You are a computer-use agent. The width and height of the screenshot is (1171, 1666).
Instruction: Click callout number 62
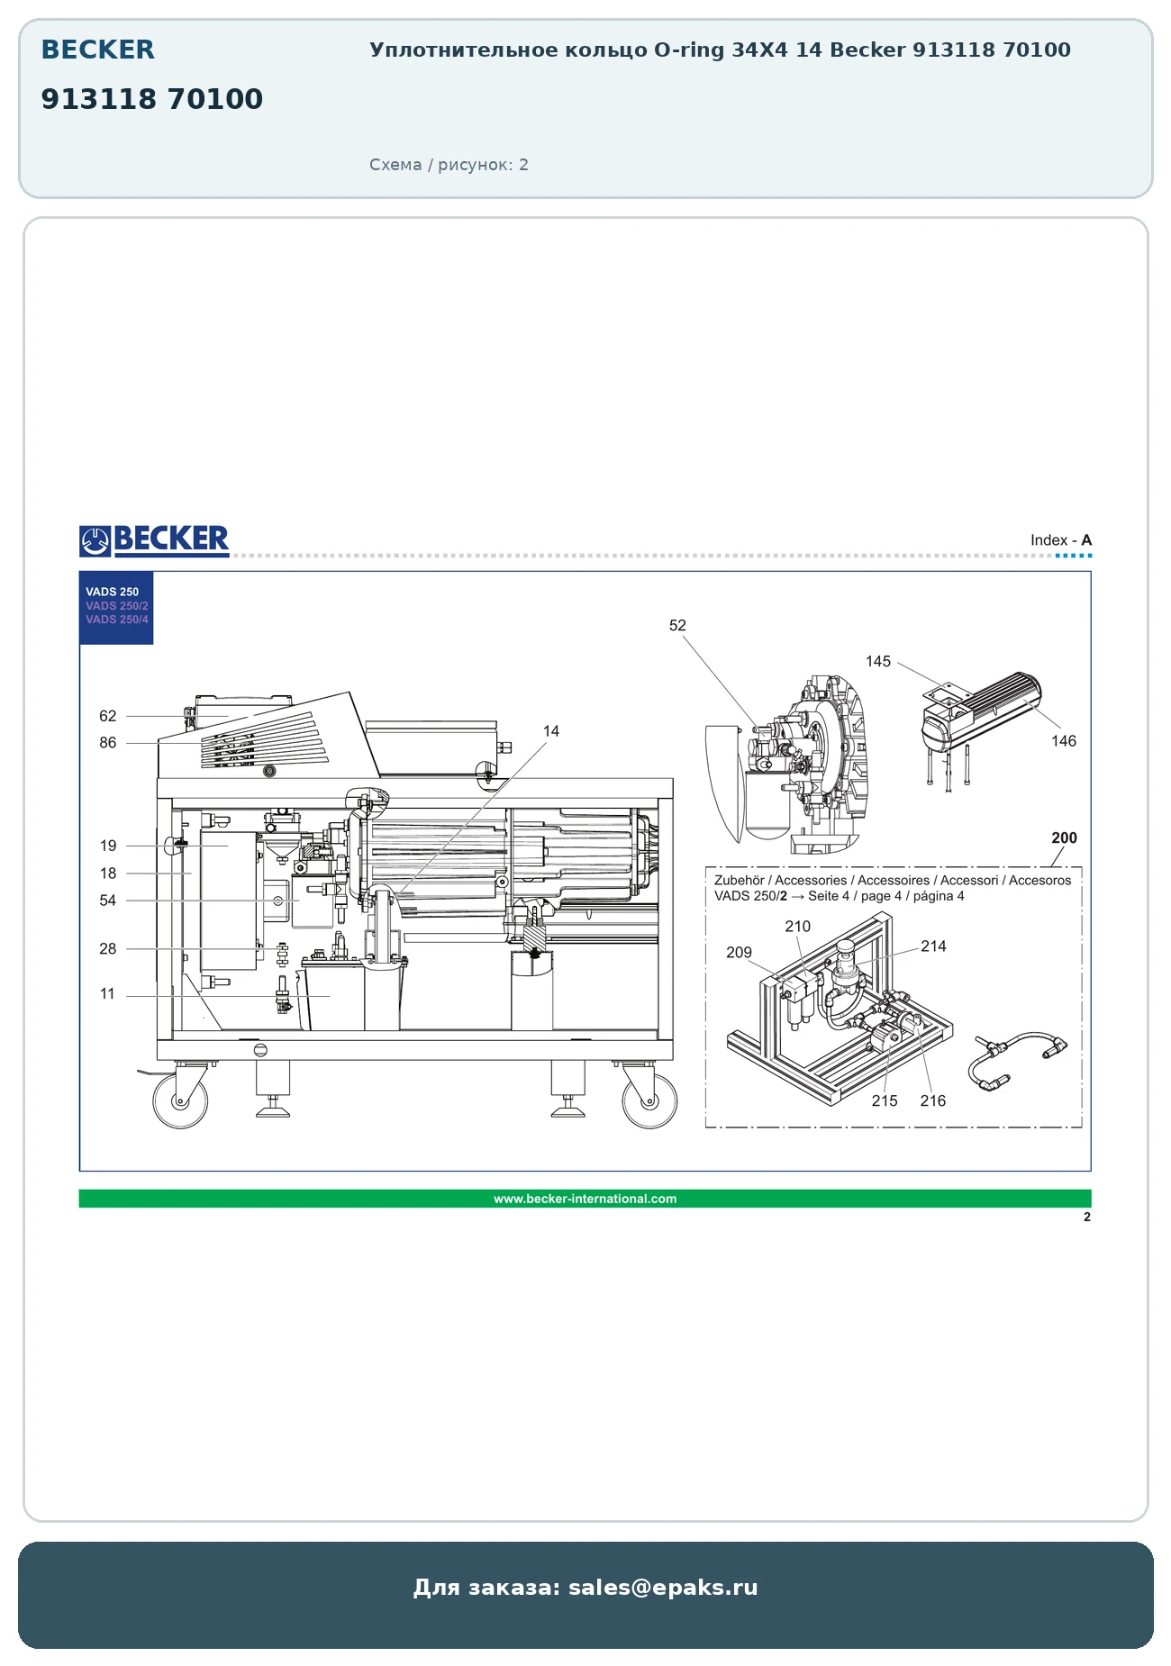point(108,716)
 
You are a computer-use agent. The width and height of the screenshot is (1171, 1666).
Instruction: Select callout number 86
point(108,743)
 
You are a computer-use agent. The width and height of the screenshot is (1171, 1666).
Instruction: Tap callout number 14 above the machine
point(551,731)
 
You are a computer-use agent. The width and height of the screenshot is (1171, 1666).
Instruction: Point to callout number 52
point(677,625)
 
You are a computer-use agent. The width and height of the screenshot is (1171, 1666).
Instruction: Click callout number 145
point(878,661)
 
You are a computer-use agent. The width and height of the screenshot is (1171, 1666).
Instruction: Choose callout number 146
point(1064,741)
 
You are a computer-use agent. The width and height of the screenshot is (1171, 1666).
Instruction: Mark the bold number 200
point(1065,838)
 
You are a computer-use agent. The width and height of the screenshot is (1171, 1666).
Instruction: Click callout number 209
point(740,953)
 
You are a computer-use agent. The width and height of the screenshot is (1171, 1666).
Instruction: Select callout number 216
point(933,1100)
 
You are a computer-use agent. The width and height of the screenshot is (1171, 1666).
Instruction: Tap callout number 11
point(107,994)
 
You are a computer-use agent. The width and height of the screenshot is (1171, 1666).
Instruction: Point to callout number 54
point(108,901)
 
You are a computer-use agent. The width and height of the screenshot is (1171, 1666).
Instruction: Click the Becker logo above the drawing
point(154,540)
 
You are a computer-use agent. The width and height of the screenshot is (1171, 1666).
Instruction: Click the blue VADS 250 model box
point(116,608)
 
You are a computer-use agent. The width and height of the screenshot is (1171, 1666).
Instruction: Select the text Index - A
point(1061,540)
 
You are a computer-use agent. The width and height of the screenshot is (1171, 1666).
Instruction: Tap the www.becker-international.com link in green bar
point(585,1199)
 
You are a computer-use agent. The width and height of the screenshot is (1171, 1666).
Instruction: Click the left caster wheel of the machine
point(180,1100)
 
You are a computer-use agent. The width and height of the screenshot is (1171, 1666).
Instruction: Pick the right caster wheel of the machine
point(649,1100)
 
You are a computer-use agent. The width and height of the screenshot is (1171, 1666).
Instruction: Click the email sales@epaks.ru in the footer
point(663,1588)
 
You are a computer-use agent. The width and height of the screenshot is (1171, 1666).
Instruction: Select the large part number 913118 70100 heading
point(152,99)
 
